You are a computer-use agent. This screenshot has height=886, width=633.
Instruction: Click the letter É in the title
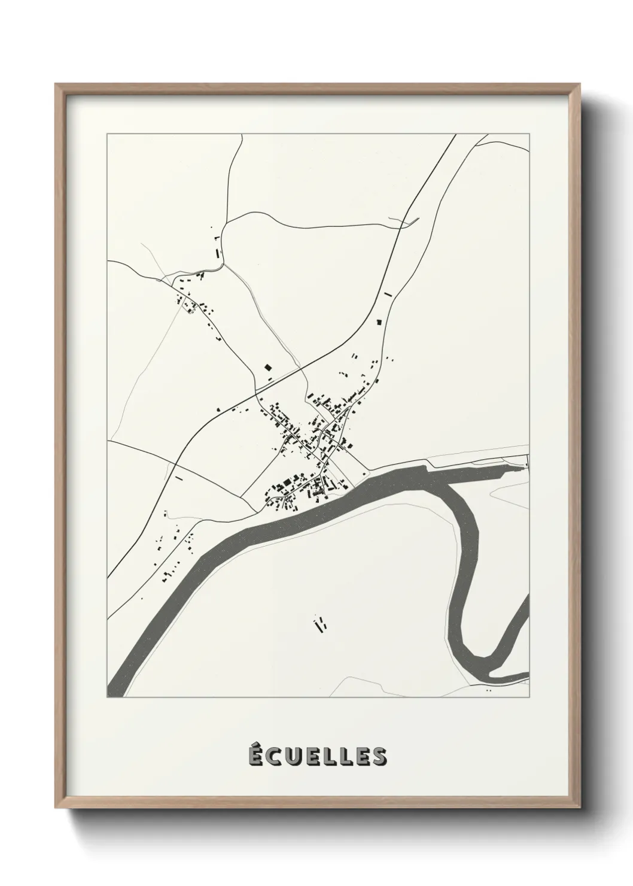click(256, 756)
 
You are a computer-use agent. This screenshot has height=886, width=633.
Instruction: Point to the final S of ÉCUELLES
click(379, 757)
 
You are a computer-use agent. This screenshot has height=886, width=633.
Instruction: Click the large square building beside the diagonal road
click(268, 368)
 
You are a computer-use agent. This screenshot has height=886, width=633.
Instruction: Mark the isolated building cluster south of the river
click(319, 625)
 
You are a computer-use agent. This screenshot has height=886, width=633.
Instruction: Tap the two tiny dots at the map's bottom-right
click(489, 690)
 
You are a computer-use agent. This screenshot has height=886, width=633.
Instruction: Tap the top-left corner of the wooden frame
click(56, 84)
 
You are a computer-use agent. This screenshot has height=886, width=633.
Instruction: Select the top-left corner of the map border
click(107, 134)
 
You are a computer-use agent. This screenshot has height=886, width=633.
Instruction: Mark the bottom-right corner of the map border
click(529, 697)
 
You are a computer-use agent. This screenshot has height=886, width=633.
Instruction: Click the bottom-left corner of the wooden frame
click(56, 810)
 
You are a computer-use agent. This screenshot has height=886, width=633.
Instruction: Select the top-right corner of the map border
click(529, 134)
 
